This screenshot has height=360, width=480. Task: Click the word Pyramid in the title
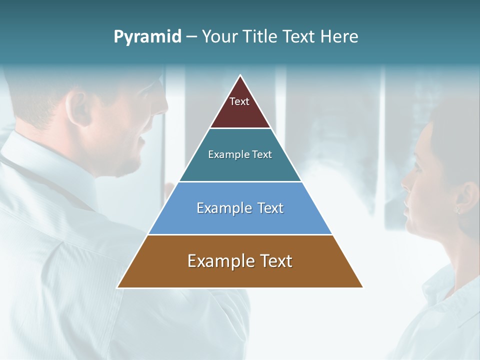[x=147, y=37]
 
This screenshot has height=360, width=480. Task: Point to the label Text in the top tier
[x=239, y=101]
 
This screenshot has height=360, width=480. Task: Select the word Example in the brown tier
[x=218, y=261]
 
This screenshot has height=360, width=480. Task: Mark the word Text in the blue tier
[x=270, y=208]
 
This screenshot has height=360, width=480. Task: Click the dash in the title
[x=191, y=37]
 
